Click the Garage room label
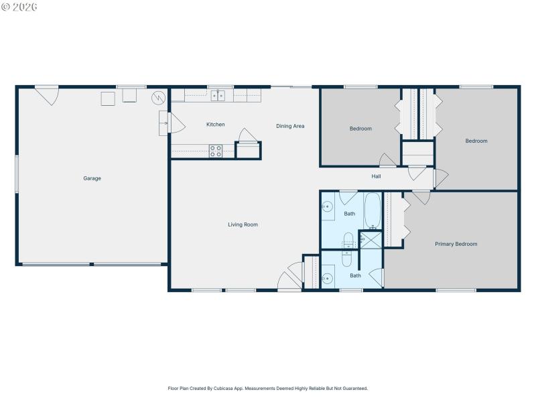92,178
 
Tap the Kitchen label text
215,125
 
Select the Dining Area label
290,126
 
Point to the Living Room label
243,224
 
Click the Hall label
377,176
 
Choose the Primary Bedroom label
456,244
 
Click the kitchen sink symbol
218,96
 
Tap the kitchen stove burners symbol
215,151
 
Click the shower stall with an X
371,239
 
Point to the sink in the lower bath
328,278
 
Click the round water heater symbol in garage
158,98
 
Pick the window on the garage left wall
17,174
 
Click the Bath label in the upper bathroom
349,214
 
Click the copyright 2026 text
20,7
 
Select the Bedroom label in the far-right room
476,141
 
